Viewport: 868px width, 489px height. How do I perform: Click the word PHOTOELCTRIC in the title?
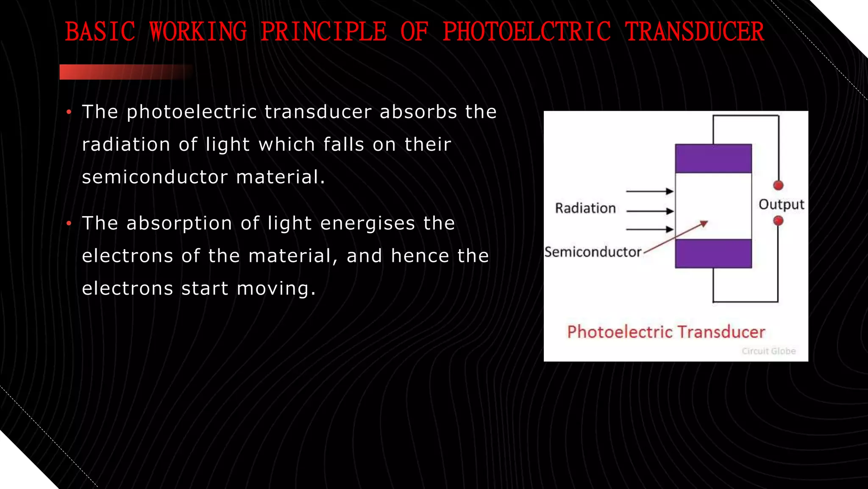527,32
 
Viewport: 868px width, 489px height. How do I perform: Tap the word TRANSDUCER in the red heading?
695,32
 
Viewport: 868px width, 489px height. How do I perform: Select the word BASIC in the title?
100,32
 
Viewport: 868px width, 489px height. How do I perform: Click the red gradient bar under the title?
123,72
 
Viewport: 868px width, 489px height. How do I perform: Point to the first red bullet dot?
69,112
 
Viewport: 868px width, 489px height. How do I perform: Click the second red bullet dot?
69,224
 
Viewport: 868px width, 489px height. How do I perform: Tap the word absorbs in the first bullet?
418,112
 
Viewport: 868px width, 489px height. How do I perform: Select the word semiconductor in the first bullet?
155,177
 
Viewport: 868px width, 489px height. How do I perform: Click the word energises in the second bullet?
367,223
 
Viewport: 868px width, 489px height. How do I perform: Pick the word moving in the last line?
275,289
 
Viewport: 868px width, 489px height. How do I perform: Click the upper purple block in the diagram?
713,158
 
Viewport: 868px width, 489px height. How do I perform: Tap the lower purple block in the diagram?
713,253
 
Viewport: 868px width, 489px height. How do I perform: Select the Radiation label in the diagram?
585,208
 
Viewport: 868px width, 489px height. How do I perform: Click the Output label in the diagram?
781,205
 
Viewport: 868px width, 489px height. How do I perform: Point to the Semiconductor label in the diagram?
593,252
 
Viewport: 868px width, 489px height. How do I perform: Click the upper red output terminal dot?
778,185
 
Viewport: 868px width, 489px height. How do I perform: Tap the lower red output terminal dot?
778,221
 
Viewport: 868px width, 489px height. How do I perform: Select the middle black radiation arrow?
650,211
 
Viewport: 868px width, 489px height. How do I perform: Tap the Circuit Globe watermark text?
768,351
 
